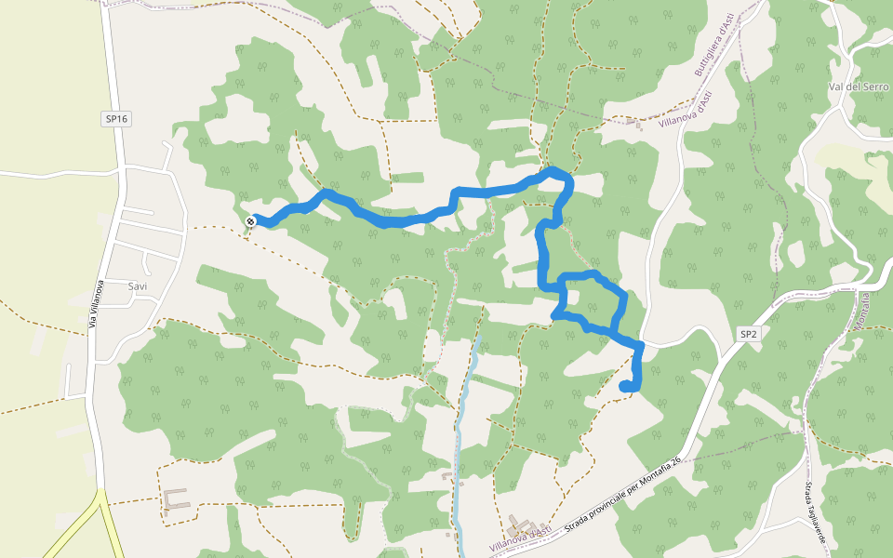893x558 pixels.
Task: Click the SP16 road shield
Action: coord(115,119)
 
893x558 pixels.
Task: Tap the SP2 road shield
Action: coord(749,333)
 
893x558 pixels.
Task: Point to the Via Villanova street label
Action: coord(94,305)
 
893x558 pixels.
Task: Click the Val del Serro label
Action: coord(858,86)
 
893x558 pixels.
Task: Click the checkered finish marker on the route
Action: coord(251,220)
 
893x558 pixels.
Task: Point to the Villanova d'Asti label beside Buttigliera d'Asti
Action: coord(685,111)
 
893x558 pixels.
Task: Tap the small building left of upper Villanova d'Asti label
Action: coord(635,123)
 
